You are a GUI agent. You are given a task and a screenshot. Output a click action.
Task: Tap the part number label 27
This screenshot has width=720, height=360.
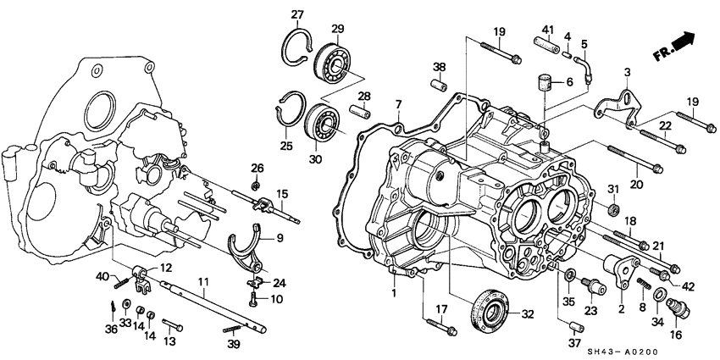click(x=297, y=14)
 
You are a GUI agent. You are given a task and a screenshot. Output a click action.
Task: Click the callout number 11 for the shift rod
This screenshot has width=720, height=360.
click(x=203, y=281)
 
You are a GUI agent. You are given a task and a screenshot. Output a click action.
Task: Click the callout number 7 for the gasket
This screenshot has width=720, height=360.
click(x=397, y=105)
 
